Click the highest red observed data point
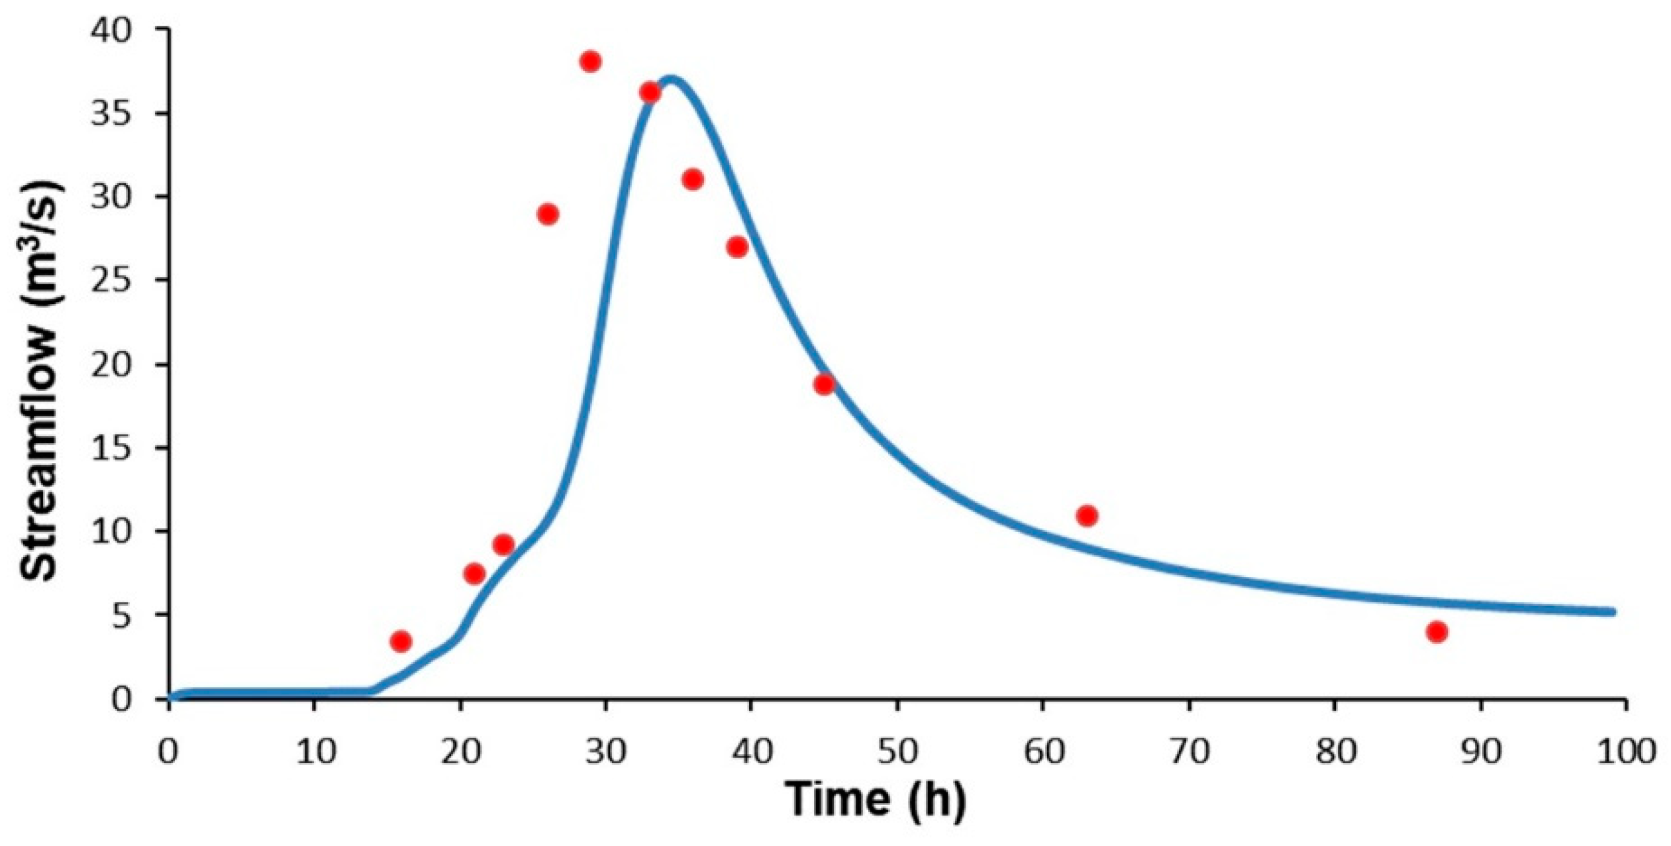(589, 62)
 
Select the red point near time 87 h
(1437, 632)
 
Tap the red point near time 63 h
(1087, 515)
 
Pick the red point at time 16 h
(401, 641)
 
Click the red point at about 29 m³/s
(548, 215)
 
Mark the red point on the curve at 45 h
(824, 384)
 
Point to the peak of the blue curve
(672, 80)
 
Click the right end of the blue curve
(1613, 611)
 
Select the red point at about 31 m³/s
(693, 180)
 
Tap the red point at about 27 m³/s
(737, 247)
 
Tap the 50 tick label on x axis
(897, 753)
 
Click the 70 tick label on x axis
(1189, 753)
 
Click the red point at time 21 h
(474, 574)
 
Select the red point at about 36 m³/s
(650, 93)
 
